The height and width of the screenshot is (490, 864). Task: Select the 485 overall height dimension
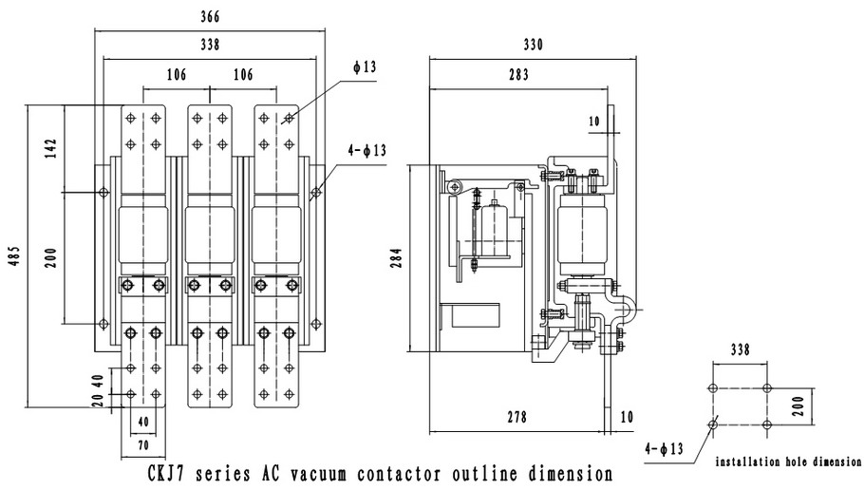click(13, 258)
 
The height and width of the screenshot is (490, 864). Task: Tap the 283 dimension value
click(519, 75)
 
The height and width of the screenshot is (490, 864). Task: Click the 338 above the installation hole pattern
click(740, 350)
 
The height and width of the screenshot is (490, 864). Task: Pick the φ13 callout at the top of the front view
click(365, 66)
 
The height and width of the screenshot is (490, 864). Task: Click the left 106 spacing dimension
click(176, 75)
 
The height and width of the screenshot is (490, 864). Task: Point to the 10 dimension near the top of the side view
click(595, 122)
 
